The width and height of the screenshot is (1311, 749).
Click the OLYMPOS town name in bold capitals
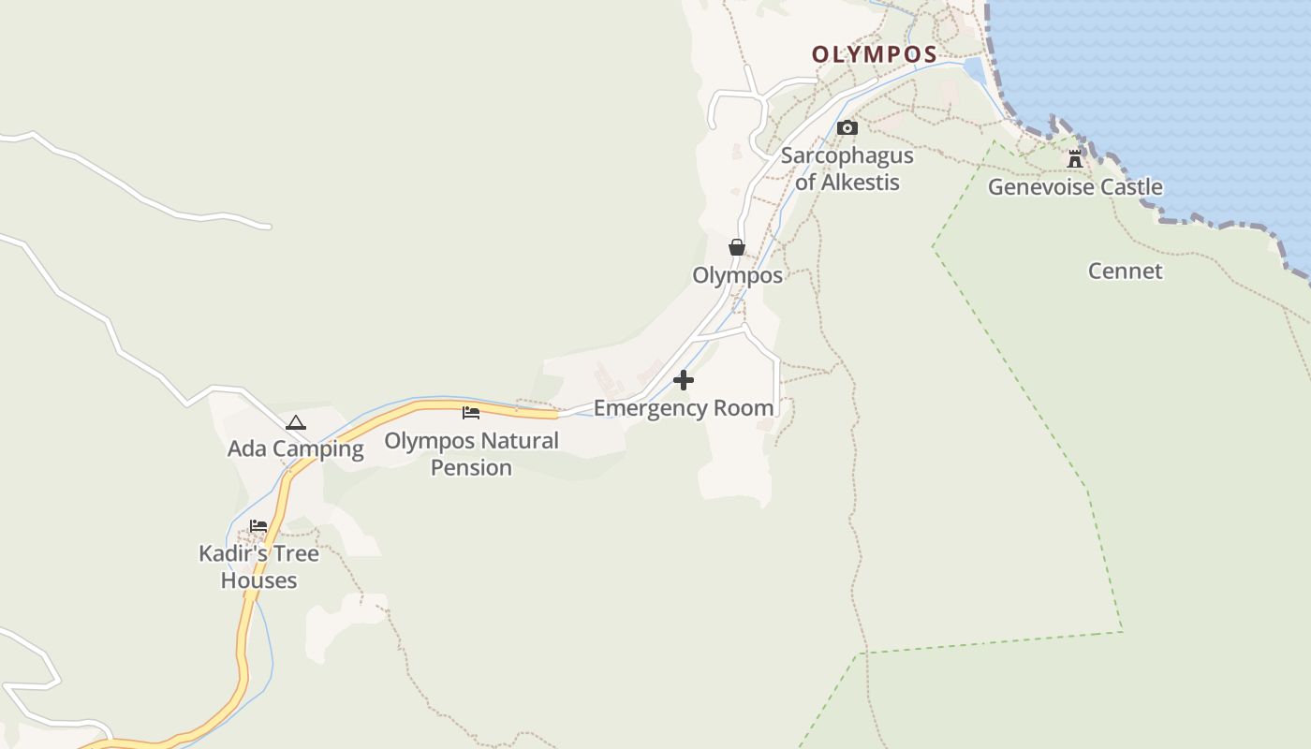tap(875, 54)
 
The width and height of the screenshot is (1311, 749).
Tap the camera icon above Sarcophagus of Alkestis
tap(847, 127)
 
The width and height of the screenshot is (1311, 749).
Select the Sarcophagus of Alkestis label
tap(847, 169)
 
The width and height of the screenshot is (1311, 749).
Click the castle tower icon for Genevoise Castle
tap(1075, 159)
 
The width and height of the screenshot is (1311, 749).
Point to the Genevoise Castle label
tap(1075, 187)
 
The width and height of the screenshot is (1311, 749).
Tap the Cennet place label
tap(1125, 272)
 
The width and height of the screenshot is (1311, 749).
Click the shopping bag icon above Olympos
tap(737, 247)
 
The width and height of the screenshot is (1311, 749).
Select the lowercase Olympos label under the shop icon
tap(737, 275)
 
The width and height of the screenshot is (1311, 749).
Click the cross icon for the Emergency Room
tap(684, 380)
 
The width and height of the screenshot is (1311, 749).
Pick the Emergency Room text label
tap(684, 408)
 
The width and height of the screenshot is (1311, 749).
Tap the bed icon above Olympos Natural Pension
tap(471, 412)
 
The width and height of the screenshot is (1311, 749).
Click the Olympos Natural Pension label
tap(471, 453)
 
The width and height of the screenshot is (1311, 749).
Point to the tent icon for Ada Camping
tap(296, 422)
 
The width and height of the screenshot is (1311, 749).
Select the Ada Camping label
tap(296, 448)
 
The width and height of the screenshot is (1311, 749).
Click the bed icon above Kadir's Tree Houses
tap(258, 526)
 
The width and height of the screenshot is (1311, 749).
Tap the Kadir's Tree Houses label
tap(258, 566)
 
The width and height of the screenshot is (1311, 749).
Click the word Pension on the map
tap(471, 467)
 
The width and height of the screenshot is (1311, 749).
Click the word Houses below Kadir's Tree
tap(258, 580)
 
